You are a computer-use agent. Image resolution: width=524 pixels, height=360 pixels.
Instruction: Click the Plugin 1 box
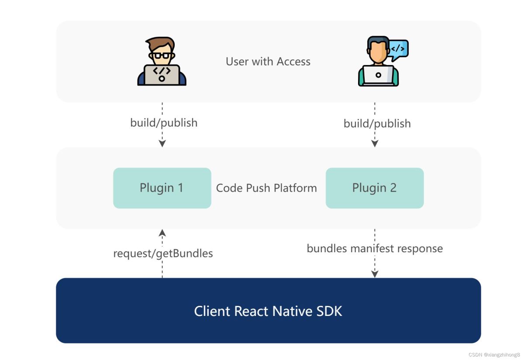tap(162, 188)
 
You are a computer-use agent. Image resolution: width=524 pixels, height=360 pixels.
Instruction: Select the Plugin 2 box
tap(375, 188)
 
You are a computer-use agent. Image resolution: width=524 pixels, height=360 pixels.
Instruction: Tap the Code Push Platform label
tap(266, 188)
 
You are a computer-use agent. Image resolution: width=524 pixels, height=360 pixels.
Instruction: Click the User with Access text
tap(268, 62)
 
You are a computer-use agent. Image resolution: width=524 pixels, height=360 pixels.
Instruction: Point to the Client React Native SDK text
tap(268, 311)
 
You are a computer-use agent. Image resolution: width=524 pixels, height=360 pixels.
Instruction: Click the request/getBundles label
tap(163, 253)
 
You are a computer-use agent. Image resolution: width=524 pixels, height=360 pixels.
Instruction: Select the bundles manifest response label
tap(375, 249)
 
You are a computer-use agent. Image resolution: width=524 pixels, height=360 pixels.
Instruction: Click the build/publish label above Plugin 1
tap(164, 123)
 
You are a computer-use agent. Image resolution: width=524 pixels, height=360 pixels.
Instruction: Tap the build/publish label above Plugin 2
tap(377, 123)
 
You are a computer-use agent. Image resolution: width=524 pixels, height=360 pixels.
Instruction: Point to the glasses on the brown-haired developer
tap(162, 55)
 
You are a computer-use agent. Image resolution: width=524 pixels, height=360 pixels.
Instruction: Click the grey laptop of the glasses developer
tap(162, 74)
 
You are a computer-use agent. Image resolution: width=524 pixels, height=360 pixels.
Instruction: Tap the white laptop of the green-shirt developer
tap(378, 75)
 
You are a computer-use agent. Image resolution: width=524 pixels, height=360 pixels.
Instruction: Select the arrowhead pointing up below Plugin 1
tap(162, 232)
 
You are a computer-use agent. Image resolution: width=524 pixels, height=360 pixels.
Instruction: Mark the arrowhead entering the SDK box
tap(375, 274)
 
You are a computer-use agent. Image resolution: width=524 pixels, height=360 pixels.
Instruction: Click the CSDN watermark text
tap(494, 355)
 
